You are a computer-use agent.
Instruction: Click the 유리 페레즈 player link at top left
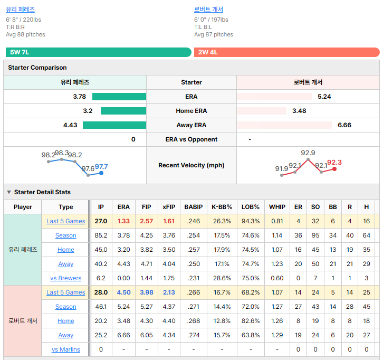[x=20, y=10]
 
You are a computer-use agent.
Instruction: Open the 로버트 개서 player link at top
[x=208, y=10]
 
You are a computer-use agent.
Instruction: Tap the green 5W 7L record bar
[x=99, y=52]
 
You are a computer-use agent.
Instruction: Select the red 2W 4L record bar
[x=287, y=52]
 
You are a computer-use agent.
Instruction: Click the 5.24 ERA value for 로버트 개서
[x=324, y=97]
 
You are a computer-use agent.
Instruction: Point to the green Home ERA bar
[x=123, y=111]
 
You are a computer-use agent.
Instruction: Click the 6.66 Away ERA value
[x=344, y=125]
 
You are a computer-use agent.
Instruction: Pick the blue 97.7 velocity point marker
[x=101, y=173]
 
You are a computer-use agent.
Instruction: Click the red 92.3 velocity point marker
[x=334, y=169]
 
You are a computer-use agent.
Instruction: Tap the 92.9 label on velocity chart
[x=308, y=153]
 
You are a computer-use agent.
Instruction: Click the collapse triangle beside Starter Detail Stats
[x=9, y=192]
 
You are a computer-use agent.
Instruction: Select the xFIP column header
[x=169, y=207]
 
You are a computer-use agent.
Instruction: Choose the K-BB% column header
[x=222, y=207]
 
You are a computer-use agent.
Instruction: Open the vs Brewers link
[x=66, y=278]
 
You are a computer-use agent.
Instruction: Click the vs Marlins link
[x=66, y=349]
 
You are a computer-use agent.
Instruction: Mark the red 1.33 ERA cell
[x=123, y=221]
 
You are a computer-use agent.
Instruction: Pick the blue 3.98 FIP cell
[x=147, y=292]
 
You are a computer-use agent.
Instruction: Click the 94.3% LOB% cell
[x=251, y=221]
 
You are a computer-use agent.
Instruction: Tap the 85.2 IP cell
[x=101, y=235]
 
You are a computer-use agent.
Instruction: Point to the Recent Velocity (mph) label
[x=191, y=165]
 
